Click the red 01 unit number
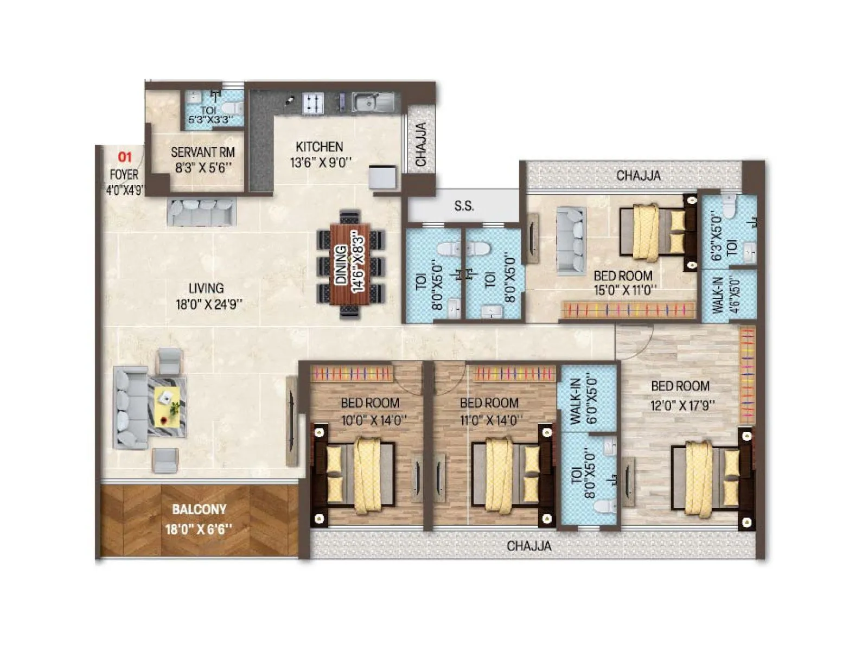(125, 157)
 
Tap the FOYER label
(124, 175)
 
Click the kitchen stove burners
(312, 103)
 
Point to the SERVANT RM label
(202, 152)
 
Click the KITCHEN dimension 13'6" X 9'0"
(321, 162)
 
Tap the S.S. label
(464, 206)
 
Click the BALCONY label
(199, 509)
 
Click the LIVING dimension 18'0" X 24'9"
(209, 305)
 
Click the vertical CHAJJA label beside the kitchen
(421, 144)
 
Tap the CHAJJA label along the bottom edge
(529, 546)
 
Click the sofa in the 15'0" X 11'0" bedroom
(571, 239)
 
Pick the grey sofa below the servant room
(201, 212)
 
